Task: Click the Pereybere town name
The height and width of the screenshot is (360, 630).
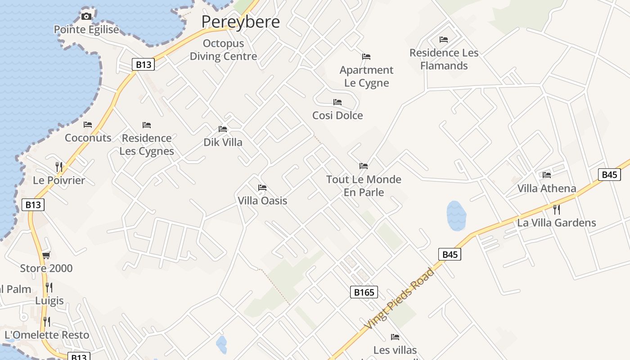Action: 240,22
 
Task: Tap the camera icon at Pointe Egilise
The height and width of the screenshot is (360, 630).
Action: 86,17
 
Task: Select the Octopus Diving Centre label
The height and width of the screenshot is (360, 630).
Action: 223,50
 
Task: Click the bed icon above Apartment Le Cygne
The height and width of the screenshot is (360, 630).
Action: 366,57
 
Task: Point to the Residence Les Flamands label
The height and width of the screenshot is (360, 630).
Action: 444,59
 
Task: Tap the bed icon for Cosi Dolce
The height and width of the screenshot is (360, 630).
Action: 337,103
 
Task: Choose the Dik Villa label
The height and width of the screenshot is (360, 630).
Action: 223,142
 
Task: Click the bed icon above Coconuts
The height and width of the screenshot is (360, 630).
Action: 88,125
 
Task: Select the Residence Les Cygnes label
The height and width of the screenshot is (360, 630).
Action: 147,144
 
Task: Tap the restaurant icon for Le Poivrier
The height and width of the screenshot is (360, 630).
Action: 59,166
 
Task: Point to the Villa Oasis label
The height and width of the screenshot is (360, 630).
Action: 262,200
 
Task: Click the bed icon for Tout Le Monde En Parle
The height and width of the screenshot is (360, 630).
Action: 364,166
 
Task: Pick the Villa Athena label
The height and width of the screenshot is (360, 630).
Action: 547,188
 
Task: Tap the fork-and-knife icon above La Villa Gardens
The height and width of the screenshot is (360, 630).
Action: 557,209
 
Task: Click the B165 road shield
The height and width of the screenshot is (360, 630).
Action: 364,292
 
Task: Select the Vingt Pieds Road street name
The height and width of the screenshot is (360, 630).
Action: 399,298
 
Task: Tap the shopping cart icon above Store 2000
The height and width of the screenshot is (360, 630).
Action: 46,256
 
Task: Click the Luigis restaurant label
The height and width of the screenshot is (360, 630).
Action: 49,301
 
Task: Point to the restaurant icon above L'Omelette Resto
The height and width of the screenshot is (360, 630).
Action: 46,321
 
